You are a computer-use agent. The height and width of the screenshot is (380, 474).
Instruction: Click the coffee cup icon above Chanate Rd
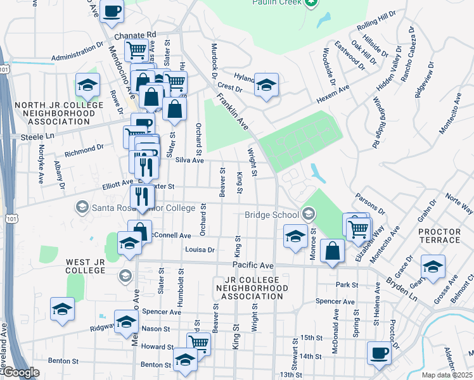pos(112,11)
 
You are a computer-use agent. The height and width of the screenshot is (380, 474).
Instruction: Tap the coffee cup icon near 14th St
pos(380,352)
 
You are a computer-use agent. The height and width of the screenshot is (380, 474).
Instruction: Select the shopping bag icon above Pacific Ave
pos(332,251)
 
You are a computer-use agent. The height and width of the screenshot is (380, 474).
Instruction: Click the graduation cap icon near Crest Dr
pos(267,85)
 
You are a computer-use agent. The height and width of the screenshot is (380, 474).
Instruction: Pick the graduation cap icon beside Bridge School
pos(295,237)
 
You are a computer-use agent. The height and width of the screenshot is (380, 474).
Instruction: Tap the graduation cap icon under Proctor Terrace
pos(433,267)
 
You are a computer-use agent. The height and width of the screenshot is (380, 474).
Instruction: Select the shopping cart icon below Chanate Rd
pos(136,50)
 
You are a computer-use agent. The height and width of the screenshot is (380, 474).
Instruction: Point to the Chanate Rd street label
pos(135,35)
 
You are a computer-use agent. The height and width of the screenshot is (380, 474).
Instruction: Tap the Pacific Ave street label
pos(252,265)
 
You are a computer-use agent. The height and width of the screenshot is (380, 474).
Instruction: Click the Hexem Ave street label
pos(333,96)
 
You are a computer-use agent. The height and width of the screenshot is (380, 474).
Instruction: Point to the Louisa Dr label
pos(200,250)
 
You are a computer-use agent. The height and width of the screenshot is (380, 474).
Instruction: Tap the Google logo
pos(20,372)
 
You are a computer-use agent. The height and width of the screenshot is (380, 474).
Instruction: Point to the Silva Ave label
pos(189,161)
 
